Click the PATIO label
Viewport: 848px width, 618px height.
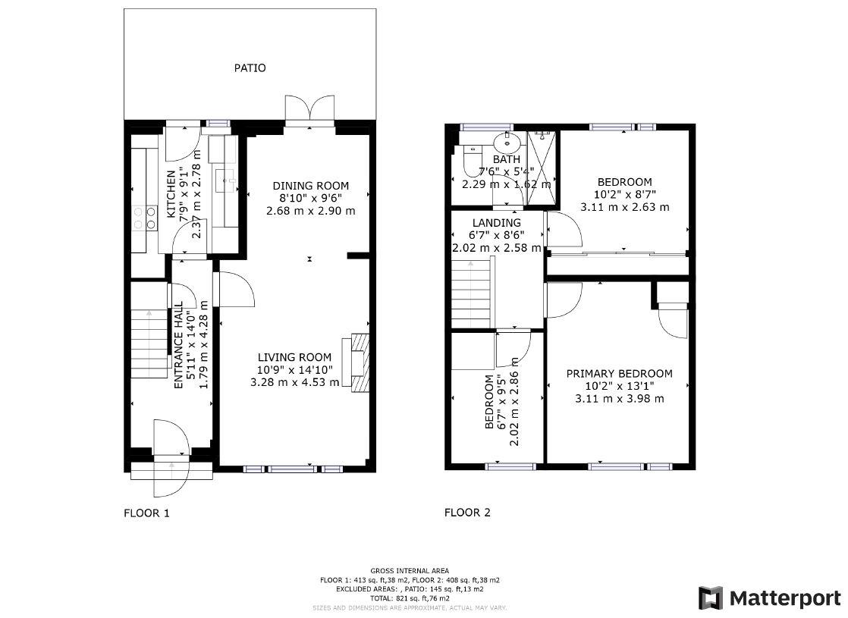250,68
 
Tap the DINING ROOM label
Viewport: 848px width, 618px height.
310,186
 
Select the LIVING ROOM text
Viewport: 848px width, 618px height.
294,358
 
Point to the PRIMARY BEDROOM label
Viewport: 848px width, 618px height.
619,374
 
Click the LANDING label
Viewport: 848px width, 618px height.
497,223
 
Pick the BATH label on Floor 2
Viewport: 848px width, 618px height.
507,159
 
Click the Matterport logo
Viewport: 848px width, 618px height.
769,598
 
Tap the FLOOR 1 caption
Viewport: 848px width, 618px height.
146,513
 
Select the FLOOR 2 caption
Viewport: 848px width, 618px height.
467,513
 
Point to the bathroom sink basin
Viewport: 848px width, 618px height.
504,142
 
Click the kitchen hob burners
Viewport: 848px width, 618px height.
140,218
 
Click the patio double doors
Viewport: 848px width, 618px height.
309,110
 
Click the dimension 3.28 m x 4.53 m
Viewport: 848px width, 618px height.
294,382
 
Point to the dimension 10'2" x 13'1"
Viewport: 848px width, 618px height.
619,386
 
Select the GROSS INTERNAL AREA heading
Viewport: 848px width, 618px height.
409,571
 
